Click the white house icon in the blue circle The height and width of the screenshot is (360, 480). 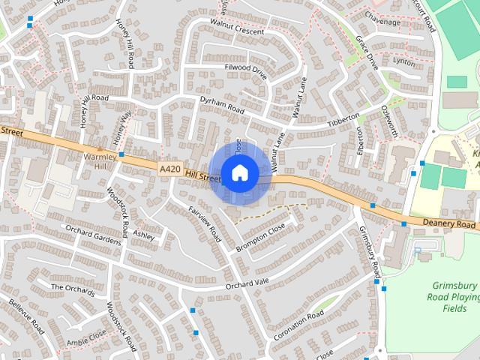[239, 172]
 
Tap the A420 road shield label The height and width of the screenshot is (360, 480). [169, 169]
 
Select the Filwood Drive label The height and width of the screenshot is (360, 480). [245, 72]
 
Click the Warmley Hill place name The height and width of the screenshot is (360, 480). [101, 161]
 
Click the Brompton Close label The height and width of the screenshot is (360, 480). [261, 237]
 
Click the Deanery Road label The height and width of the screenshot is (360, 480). [448, 224]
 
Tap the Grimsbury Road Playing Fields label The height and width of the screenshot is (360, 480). [454, 297]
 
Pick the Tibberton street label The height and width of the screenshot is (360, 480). [343, 121]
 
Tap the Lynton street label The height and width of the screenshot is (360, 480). [404, 62]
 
